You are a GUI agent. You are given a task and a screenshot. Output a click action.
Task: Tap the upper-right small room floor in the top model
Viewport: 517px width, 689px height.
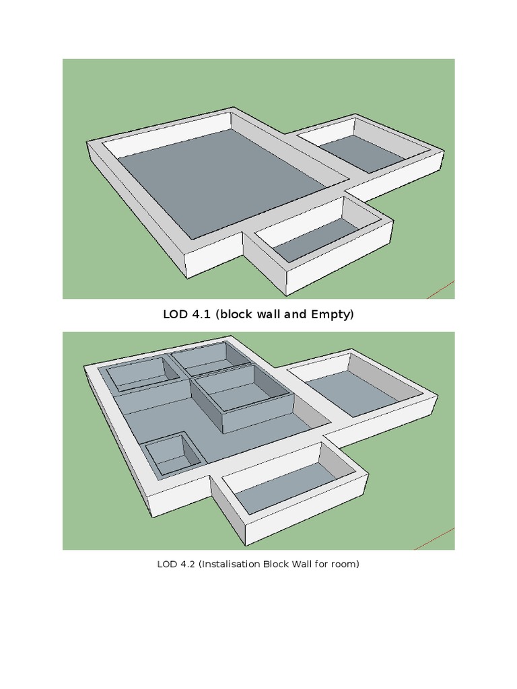pyautogui.click(x=362, y=153)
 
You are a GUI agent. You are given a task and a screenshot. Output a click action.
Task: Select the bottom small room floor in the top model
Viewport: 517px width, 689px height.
pyautogui.click(x=316, y=240)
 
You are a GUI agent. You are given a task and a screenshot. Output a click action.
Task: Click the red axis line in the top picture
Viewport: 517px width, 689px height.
pyautogui.click(x=441, y=290)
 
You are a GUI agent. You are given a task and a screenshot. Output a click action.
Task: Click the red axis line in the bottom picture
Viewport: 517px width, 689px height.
pyautogui.click(x=441, y=538)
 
